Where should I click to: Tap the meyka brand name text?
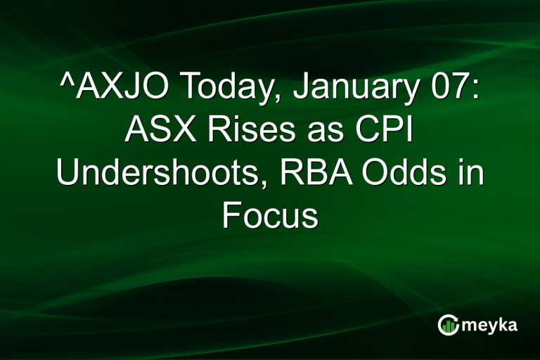click(x=490, y=324)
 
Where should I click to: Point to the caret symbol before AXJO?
click(x=65, y=83)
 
